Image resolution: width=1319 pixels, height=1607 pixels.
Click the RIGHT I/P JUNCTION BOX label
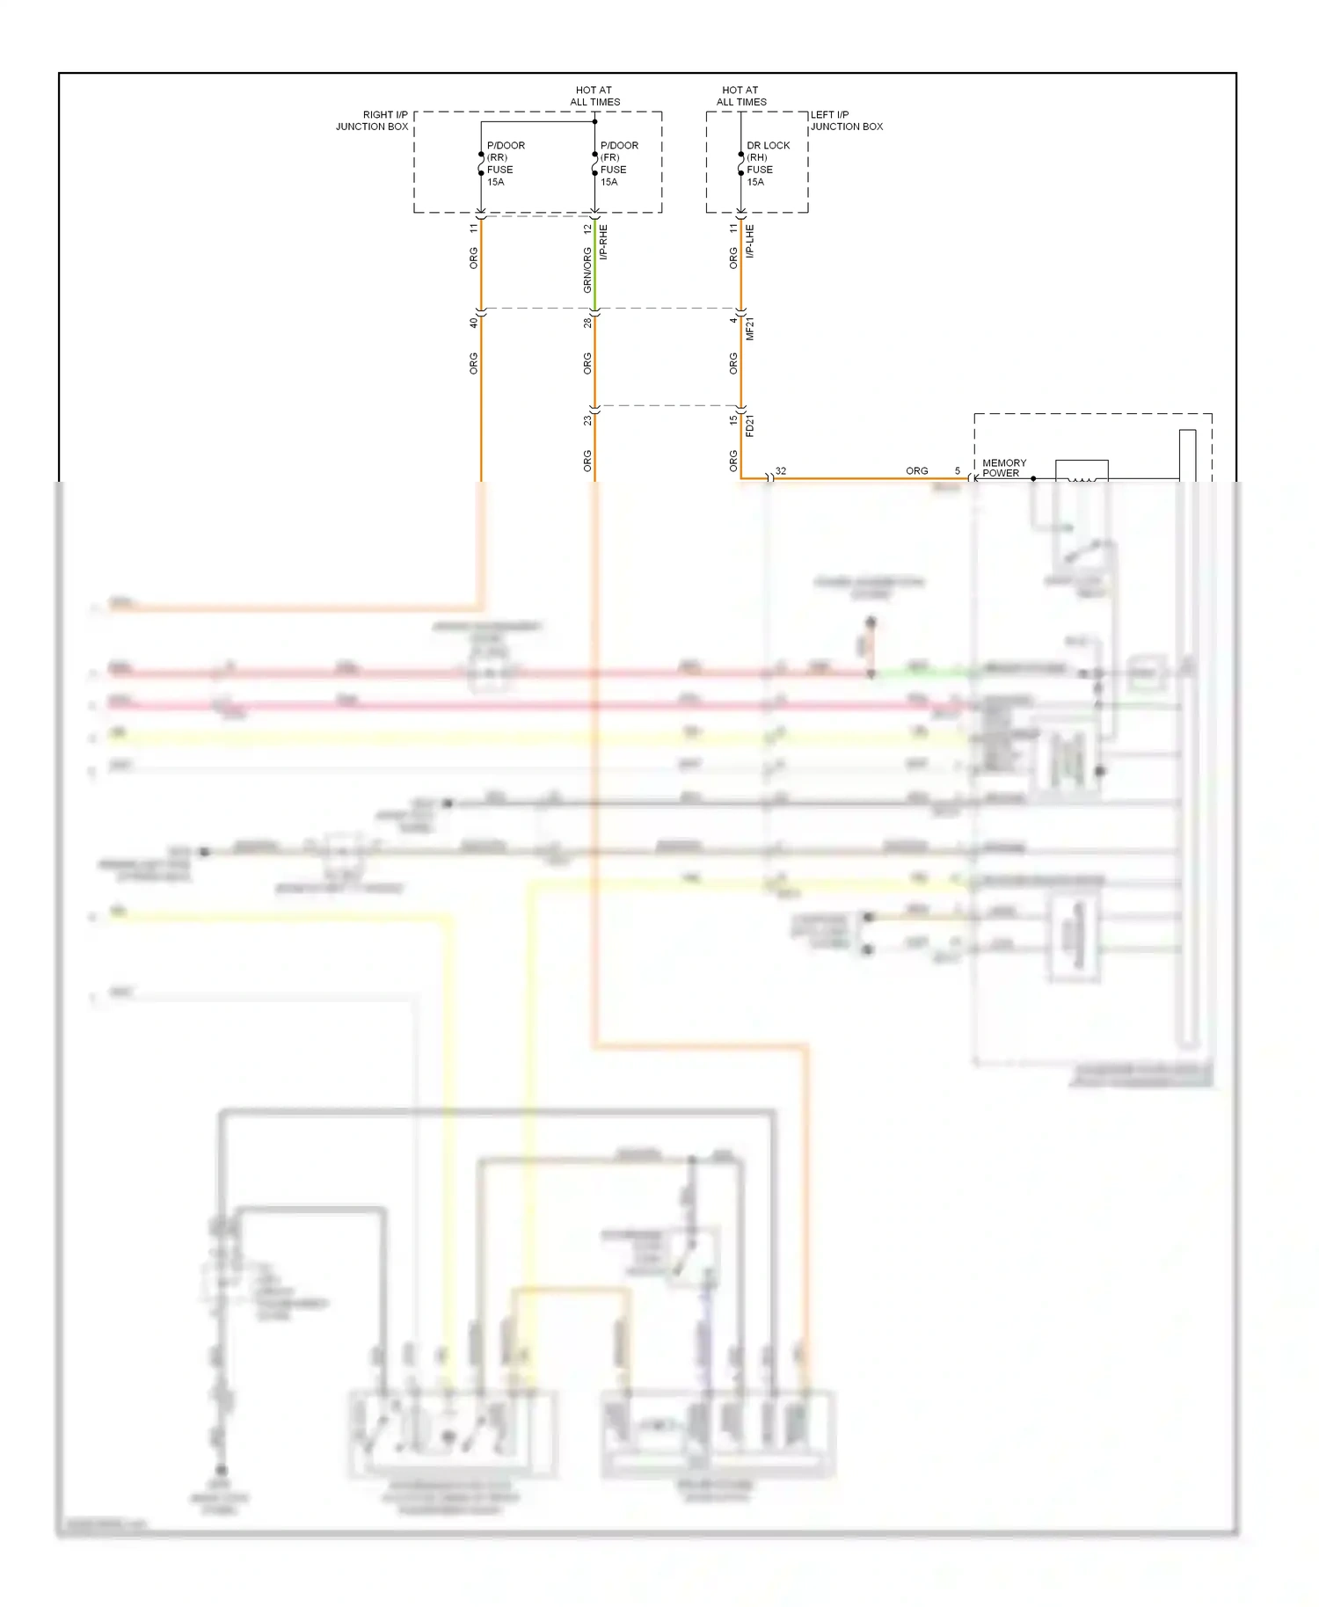click(x=372, y=120)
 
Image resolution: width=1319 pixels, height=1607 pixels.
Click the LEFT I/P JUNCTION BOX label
click(x=846, y=120)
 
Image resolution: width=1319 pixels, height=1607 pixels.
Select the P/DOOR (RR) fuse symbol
click(x=481, y=164)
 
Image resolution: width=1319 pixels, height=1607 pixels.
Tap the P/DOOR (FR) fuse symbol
click(x=594, y=164)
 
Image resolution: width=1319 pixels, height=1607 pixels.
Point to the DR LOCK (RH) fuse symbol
click(x=741, y=164)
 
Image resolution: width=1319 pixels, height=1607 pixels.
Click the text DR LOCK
click(x=768, y=145)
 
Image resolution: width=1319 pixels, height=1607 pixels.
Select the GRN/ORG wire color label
click(x=587, y=270)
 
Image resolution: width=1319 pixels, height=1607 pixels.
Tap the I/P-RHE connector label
click(x=603, y=242)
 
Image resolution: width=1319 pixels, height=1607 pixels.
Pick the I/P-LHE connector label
click(x=750, y=241)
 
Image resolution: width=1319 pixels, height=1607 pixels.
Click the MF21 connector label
click(x=750, y=329)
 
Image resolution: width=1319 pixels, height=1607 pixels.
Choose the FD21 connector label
click(x=750, y=425)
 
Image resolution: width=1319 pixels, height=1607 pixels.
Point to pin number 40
click(x=473, y=323)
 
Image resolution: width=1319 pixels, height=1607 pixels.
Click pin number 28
click(x=587, y=323)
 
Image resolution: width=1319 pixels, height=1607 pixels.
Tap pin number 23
click(x=587, y=420)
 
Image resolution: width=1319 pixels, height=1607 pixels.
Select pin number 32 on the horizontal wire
click(x=781, y=471)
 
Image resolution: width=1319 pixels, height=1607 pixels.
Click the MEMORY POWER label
click(x=1003, y=468)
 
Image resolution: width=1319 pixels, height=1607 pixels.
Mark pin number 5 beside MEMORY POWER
click(x=958, y=471)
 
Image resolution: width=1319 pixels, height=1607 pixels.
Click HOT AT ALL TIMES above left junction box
click(x=740, y=96)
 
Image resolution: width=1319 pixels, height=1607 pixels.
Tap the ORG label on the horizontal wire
click(x=916, y=471)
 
